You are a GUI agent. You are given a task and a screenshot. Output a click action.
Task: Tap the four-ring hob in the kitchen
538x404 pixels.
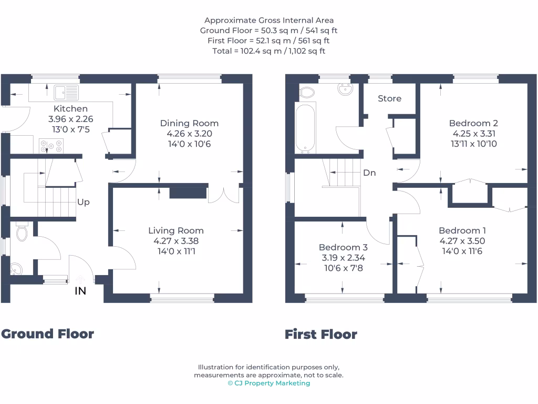coord(51,145)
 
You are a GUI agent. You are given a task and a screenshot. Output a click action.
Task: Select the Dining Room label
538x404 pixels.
coord(189,123)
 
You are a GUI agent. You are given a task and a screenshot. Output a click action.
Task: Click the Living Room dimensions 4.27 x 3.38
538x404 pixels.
coord(175,241)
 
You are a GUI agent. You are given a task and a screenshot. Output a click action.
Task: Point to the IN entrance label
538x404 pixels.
coord(80,291)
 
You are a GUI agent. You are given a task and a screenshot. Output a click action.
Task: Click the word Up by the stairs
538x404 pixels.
coord(84,202)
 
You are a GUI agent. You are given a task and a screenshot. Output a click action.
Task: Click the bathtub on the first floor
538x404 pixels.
coord(305,127)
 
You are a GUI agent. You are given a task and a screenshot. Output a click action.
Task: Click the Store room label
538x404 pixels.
coord(389,98)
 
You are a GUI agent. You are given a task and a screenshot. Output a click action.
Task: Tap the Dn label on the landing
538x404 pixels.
coord(369,173)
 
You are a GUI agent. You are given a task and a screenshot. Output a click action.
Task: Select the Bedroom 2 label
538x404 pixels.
coord(473,123)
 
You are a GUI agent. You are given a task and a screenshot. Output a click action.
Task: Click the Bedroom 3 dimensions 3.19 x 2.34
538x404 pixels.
coord(343,258)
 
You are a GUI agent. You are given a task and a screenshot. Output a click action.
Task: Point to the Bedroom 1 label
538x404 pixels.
coord(462,230)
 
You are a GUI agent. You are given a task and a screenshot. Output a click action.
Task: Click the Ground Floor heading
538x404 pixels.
coord(47,334)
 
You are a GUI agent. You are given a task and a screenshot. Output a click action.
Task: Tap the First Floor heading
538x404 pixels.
coord(320,334)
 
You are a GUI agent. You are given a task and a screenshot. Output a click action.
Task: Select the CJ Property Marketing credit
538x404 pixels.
coord(268,383)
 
